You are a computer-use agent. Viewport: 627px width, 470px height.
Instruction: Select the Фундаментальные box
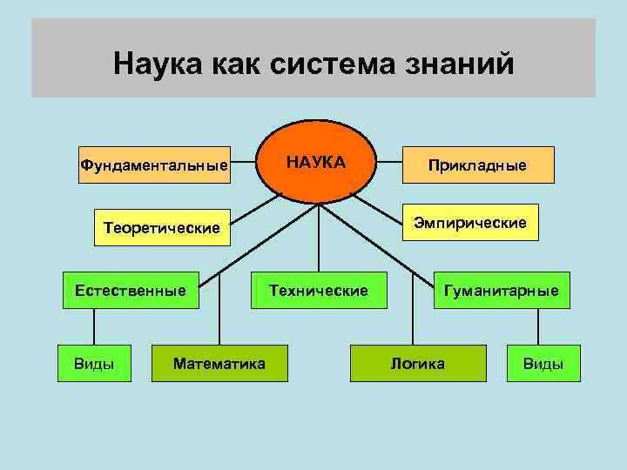pyautogui.click(x=154, y=164)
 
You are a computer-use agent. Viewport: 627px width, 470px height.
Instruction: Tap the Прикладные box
pyautogui.click(x=477, y=164)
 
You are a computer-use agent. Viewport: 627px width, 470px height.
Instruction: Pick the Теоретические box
pyautogui.click(x=161, y=228)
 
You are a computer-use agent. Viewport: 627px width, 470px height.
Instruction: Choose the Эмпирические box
pyautogui.click(x=471, y=223)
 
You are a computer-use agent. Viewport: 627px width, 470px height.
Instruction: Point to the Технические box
pyautogui.click(x=319, y=290)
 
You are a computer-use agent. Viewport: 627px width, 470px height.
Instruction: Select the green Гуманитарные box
pyautogui.click(x=502, y=290)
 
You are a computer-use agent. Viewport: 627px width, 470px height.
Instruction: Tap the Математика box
pyautogui.click(x=219, y=363)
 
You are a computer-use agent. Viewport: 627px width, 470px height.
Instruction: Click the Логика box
pyautogui.click(x=418, y=363)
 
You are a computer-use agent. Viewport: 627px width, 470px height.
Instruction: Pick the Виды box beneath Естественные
pyautogui.click(x=94, y=363)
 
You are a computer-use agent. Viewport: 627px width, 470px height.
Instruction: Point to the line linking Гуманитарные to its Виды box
pyautogui.click(x=540, y=326)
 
